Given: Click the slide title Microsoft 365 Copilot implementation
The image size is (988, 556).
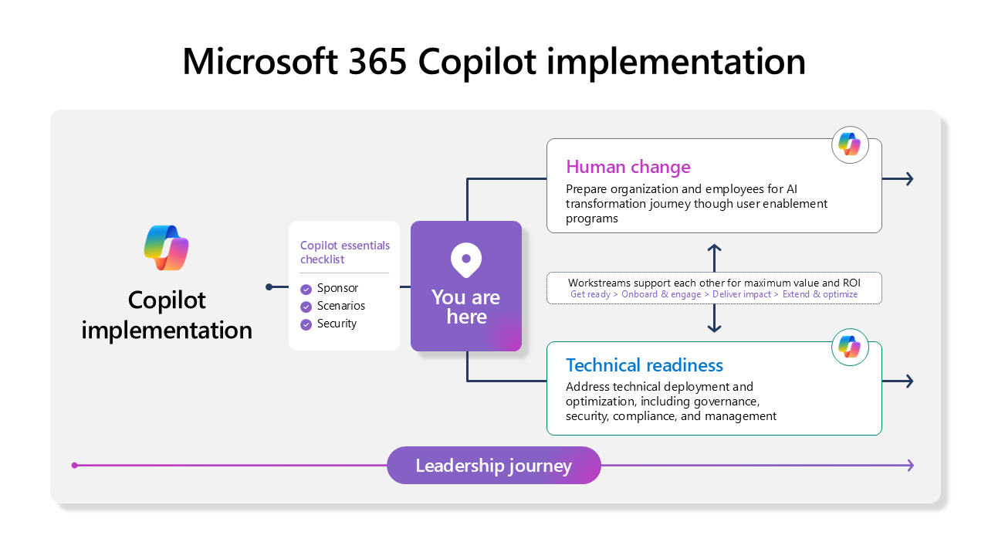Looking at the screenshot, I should tap(494, 62).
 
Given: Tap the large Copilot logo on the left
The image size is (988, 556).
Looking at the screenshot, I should tap(167, 248).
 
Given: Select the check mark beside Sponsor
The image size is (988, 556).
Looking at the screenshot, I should tap(306, 290).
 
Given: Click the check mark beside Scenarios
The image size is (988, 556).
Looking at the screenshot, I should tap(306, 307).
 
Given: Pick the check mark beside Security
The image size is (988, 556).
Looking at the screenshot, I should tap(306, 324).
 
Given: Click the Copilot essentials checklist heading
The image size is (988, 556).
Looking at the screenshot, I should tap(344, 253).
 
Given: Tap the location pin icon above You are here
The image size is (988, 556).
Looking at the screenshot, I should tap(466, 260).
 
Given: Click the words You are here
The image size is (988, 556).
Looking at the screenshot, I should tap(466, 307).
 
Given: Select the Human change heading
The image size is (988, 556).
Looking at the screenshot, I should tap(628, 167).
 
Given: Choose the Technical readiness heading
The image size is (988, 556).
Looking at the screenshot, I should tap(644, 365).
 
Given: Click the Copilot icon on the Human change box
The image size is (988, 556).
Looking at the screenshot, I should tap(850, 144).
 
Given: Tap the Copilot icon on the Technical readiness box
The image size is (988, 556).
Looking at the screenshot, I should tap(850, 347).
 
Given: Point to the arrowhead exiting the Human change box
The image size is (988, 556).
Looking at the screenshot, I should tap(909, 179).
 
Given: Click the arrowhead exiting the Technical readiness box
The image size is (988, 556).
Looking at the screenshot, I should tap(909, 381).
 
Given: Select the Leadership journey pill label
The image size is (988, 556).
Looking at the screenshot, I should tap(493, 466).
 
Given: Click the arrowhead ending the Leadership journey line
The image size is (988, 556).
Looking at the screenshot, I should tap(911, 465).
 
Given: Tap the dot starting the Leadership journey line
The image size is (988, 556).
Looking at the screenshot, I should tap(74, 465).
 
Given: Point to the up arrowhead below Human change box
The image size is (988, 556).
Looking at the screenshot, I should tap(714, 247).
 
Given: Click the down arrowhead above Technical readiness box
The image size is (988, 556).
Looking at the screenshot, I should tap(714, 329).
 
